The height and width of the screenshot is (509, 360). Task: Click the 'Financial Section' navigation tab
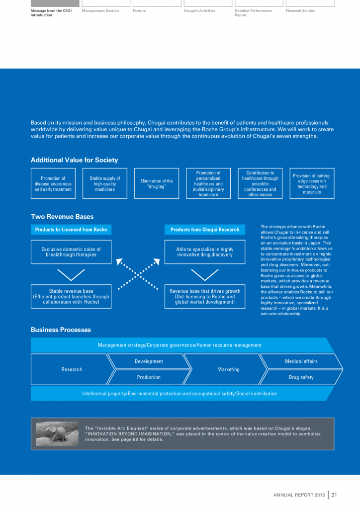(x=300, y=10)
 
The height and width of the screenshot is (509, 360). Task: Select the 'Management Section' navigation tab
(x=100, y=10)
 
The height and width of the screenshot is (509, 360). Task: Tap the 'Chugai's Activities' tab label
(x=199, y=10)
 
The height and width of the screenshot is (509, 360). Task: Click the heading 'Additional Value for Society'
(x=75, y=160)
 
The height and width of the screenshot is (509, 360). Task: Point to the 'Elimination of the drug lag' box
(x=157, y=184)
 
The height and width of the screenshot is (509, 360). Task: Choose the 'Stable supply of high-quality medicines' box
(x=105, y=184)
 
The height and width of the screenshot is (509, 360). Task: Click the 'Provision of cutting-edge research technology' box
(x=312, y=184)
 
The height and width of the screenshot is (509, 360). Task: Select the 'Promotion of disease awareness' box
(x=53, y=184)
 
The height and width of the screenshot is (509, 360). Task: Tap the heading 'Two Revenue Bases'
(x=62, y=217)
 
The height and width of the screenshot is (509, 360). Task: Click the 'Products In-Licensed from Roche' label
(x=71, y=230)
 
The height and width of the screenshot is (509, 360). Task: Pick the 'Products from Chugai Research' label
(x=205, y=230)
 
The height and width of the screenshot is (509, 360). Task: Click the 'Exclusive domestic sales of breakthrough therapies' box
(x=71, y=252)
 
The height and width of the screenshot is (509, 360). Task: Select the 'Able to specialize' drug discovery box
(x=205, y=252)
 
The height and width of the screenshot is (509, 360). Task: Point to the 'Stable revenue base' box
(x=71, y=296)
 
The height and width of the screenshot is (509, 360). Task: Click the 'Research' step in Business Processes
(x=72, y=369)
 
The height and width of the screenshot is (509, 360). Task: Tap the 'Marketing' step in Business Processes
(x=228, y=369)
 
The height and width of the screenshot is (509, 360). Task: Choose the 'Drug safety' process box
(x=301, y=377)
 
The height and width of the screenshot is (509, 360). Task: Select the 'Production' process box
(x=149, y=377)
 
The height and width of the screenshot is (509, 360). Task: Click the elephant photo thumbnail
(x=57, y=433)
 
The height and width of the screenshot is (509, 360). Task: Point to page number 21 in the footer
(x=335, y=495)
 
